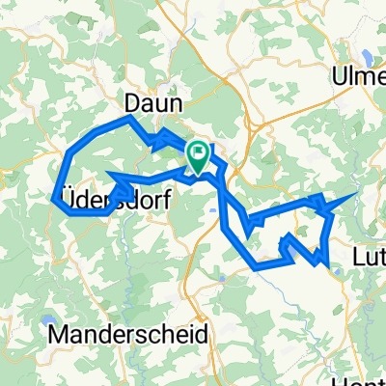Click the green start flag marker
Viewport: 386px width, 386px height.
click(198, 158)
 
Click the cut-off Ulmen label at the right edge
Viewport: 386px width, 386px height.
click(359, 76)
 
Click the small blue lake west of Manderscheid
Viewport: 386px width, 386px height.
click(47, 321)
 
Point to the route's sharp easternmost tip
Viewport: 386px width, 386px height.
click(360, 194)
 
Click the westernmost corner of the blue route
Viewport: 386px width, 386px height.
click(52, 198)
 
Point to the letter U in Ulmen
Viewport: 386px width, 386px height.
click(340, 76)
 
